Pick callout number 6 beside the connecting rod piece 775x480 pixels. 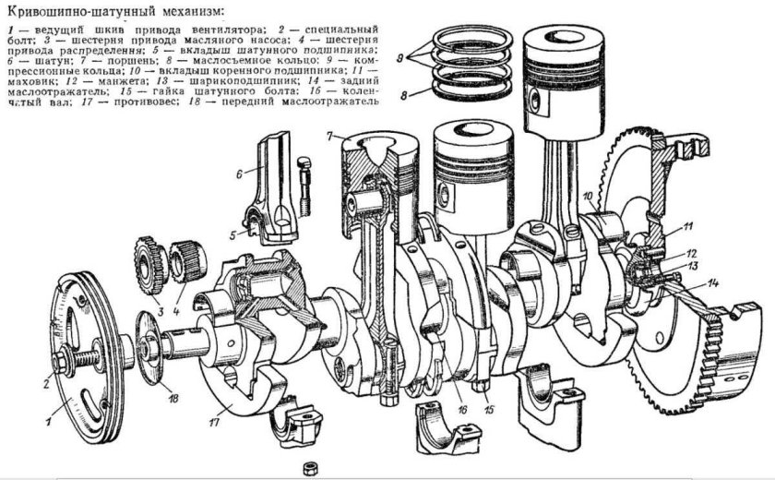(x=238, y=172)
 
